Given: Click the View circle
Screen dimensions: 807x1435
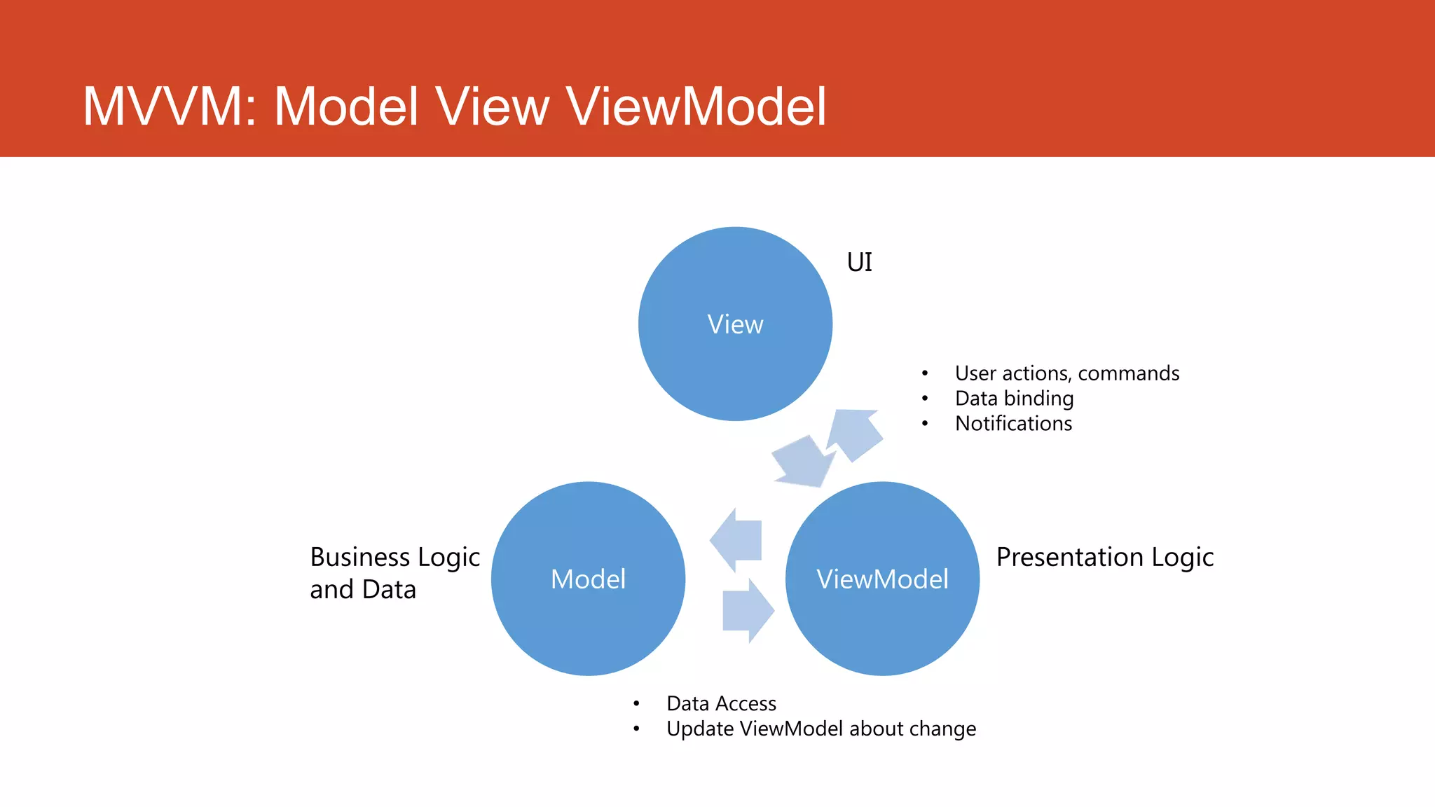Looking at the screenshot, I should [735, 324].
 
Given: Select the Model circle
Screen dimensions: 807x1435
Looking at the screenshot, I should [588, 579].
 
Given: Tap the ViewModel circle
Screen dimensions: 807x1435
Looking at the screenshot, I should [882, 579].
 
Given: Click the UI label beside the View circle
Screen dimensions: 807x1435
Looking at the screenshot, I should [859, 263].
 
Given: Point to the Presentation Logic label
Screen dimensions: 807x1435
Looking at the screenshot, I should [1104, 558].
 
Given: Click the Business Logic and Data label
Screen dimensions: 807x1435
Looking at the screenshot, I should [394, 573].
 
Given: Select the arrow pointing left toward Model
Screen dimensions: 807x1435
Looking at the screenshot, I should [738, 540].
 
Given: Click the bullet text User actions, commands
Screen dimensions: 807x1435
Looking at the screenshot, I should [1066, 373].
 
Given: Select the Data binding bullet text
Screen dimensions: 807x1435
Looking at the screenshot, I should [1014, 399].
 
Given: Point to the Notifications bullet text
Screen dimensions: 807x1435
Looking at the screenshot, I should [1013, 424].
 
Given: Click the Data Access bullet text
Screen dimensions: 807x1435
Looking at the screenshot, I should [721, 703].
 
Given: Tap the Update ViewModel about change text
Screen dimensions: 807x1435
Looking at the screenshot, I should [821, 729].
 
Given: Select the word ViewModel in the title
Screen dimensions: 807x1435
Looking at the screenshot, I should [696, 106].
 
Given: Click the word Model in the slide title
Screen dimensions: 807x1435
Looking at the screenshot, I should [346, 106].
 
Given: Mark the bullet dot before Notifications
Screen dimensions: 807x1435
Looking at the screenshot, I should [925, 424].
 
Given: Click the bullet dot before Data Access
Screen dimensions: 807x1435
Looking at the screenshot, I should [636, 703].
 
